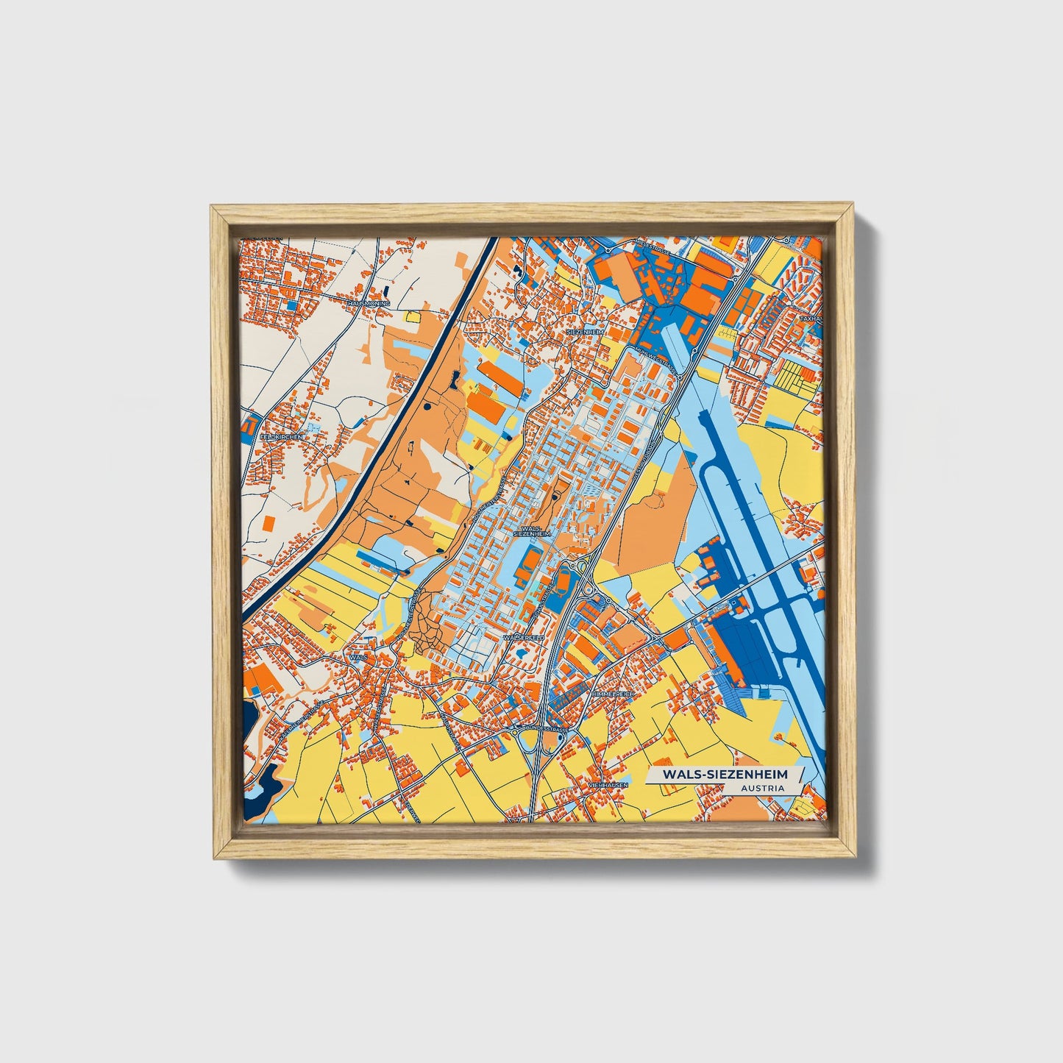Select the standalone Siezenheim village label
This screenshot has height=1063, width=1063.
(586, 332)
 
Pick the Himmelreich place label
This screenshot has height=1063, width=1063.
(611, 694)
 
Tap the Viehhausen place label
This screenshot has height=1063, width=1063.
(607, 786)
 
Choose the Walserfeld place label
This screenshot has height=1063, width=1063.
(523, 637)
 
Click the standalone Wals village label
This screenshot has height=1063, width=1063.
(359, 655)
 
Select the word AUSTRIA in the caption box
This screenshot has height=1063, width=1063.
(764, 788)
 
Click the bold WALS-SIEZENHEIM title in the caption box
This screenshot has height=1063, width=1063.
(724, 774)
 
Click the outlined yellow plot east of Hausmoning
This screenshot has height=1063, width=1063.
(412, 316)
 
